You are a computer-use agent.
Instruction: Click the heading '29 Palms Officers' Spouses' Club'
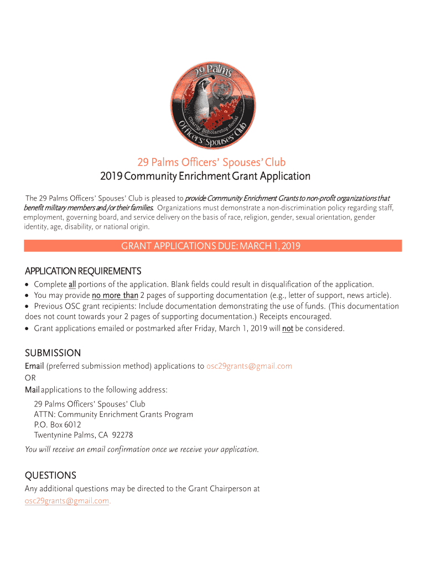pyautogui.click(x=211, y=162)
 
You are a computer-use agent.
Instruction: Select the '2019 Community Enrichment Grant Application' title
pyautogui.click(x=205, y=177)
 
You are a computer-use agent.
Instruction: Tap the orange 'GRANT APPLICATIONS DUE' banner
pyautogui.click(x=213, y=246)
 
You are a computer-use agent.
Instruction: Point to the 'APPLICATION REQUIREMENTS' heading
pyautogui.click(x=83, y=271)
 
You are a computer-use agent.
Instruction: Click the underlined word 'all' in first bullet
pyautogui.click(x=72, y=285)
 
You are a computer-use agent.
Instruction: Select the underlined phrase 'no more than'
pyautogui.click(x=115, y=295)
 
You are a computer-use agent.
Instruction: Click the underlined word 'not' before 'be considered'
pyautogui.click(x=288, y=328)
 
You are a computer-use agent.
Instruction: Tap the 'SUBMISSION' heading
pyautogui.click(x=53, y=353)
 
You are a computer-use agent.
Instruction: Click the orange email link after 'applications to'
pyautogui.click(x=249, y=366)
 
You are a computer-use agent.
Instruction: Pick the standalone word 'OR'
pyautogui.click(x=30, y=378)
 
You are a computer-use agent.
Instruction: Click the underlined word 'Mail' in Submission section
pyautogui.click(x=32, y=390)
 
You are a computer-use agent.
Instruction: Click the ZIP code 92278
pyautogui.click(x=122, y=435)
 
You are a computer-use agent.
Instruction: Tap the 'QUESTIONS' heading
pyautogui.click(x=50, y=476)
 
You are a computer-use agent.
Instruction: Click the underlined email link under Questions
pyautogui.click(x=67, y=501)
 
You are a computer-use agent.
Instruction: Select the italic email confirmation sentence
pyautogui.click(x=142, y=449)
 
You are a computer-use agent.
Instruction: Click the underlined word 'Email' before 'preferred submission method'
pyautogui.click(x=34, y=366)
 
